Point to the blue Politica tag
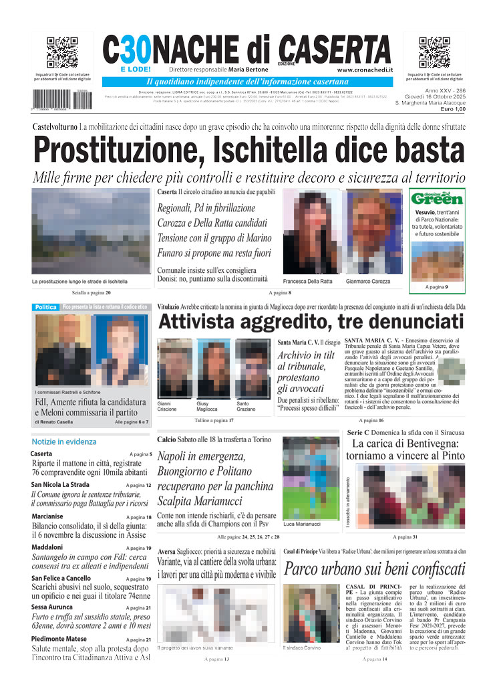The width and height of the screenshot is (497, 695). click(46, 307)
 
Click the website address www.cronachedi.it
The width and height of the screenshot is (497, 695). click(365, 70)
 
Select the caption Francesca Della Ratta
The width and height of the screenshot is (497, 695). click(307, 281)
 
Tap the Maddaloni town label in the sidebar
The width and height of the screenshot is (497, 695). click(47, 548)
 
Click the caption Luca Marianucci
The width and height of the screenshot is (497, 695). click(302, 524)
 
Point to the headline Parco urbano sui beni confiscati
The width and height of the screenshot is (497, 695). click(374, 569)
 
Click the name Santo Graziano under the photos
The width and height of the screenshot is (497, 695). click(246, 407)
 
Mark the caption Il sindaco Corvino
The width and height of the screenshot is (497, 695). click(303, 648)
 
